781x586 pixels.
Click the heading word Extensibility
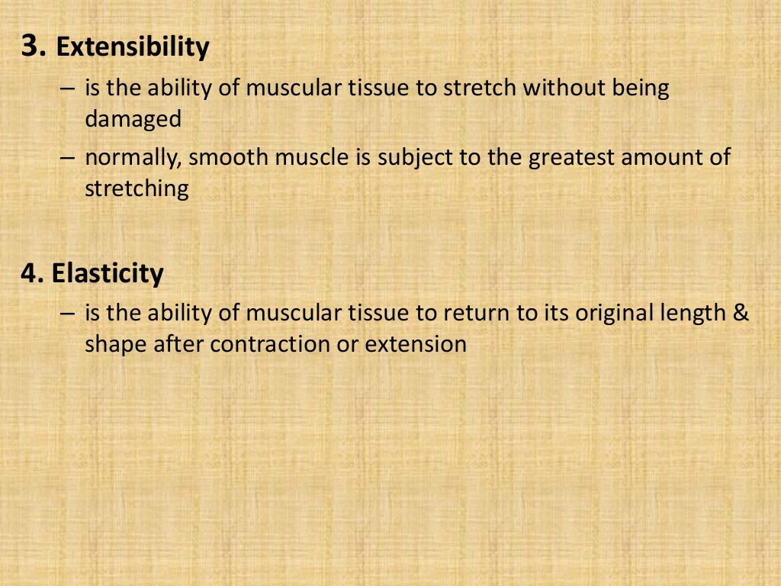(133, 47)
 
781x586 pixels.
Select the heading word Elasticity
(108, 273)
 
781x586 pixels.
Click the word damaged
(133, 120)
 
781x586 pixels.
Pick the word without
(565, 89)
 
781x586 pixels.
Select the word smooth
(224, 158)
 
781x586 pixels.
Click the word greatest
(571, 158)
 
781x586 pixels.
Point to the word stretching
(137, 189)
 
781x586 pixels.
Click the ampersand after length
(741, 313)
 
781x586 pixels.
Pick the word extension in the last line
(416, 344)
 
